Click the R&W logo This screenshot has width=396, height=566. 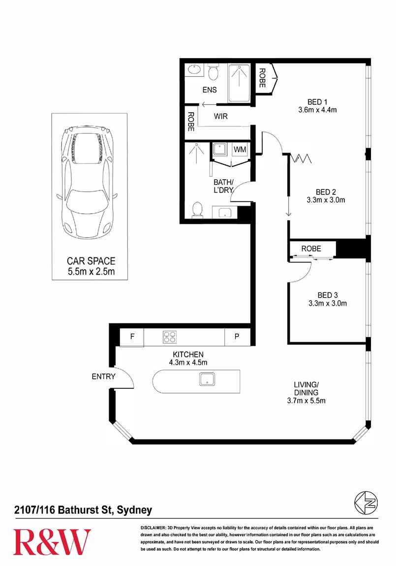tap(52, 542)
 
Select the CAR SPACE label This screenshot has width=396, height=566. tap(91, 261)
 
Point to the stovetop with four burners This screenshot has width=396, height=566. tap(170, 338)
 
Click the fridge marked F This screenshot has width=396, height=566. tap(132, 338)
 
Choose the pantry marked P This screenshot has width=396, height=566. tap(237, 338)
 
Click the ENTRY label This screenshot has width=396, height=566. tap(103, 377)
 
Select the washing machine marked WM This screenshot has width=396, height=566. tap(240, 149)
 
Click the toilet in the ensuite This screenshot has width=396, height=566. tap(213, 73)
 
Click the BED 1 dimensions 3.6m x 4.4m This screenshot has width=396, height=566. tap(317, 110)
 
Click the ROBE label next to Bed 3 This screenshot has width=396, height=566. tap(311, 249)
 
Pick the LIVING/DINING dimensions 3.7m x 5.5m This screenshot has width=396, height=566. tap(306, 401)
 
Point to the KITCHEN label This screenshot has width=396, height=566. tap(188, 354)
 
